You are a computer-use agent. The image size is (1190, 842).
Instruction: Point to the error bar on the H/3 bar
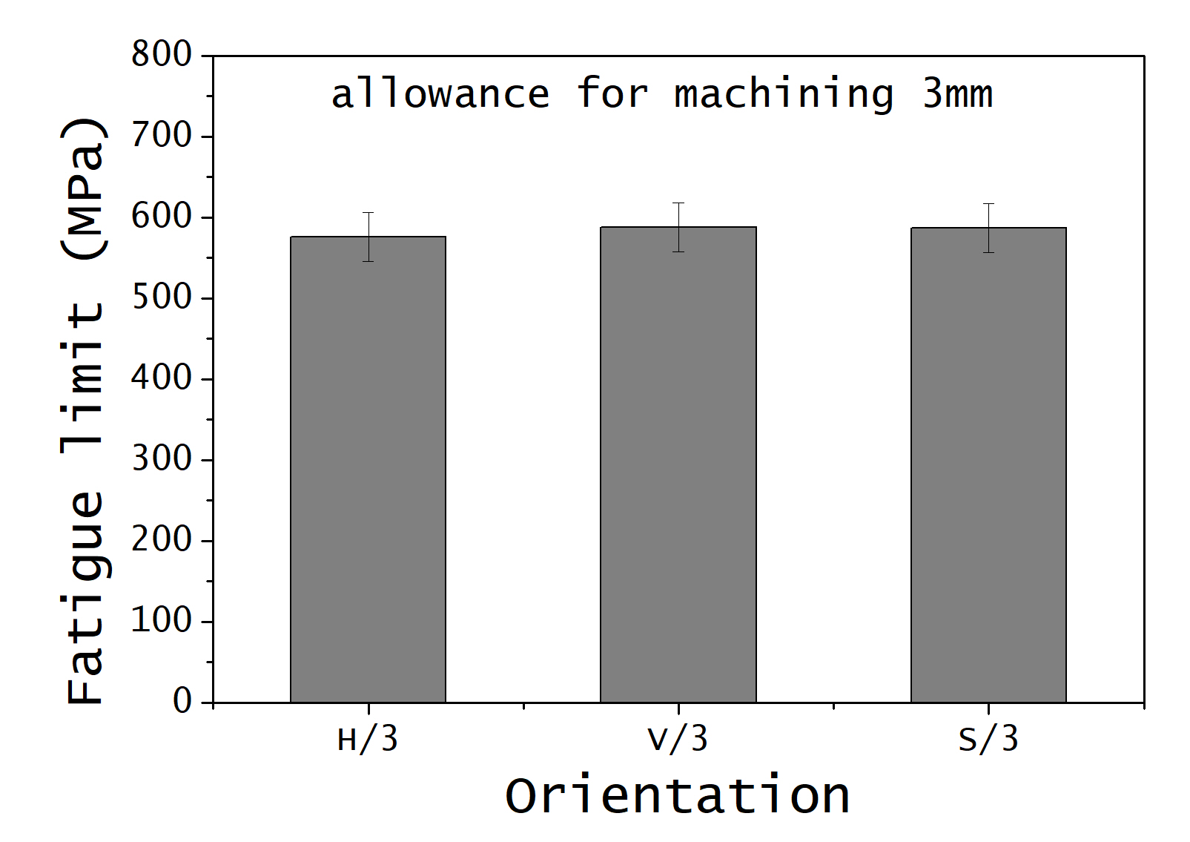point(368,237)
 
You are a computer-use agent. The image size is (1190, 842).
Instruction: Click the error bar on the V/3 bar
point(678,227)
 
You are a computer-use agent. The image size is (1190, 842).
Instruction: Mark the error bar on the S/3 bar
point(988,228)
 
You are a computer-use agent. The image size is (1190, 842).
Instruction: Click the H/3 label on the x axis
point(368,740)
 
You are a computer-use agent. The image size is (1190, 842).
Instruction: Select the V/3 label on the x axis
point(678,740)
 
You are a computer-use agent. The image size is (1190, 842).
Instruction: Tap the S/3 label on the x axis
point(988,740)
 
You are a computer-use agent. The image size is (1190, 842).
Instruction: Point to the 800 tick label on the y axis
point(162,55)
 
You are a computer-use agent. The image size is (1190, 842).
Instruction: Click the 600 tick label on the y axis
point(162,217)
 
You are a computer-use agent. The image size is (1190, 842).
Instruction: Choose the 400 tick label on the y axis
point(162,378)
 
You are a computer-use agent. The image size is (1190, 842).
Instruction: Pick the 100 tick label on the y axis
point(162,621)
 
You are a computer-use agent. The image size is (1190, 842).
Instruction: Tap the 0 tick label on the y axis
point(182,701)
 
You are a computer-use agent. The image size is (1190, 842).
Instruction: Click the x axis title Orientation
point(678,796)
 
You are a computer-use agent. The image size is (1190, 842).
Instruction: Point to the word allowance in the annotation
point(440,94)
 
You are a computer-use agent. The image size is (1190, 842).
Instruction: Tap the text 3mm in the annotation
point(957,94)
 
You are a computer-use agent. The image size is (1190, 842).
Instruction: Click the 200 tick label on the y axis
point(162,540)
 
